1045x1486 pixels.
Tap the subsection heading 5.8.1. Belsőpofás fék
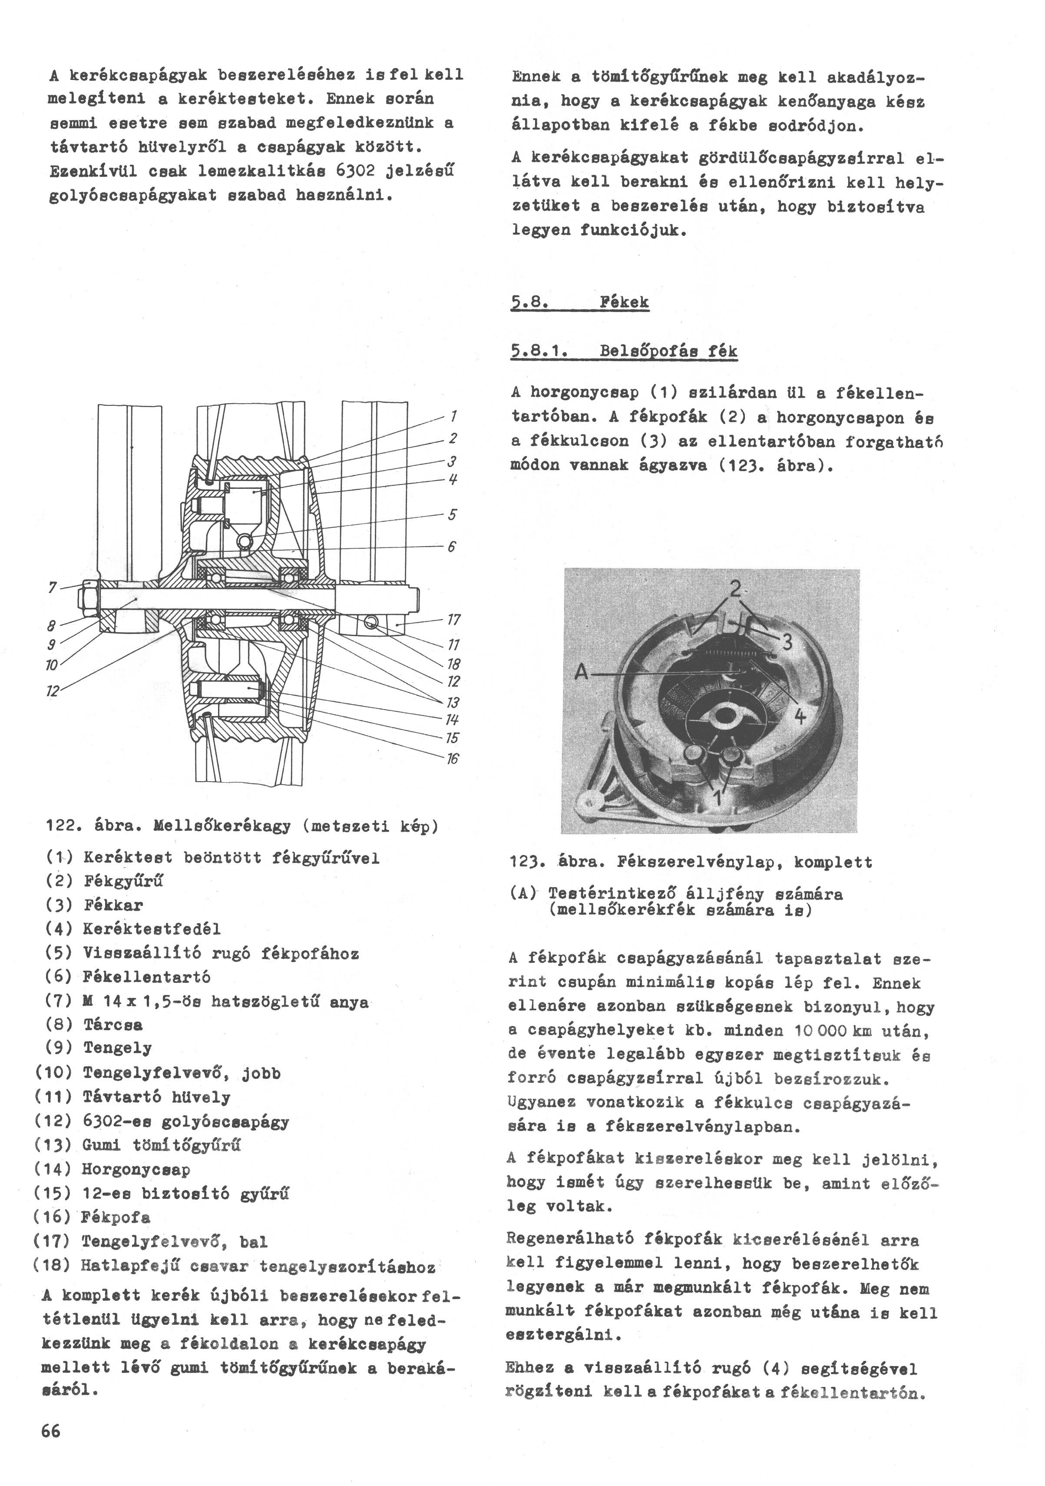(x=623, y=352)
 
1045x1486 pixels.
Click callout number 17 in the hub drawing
(x=453, y=619)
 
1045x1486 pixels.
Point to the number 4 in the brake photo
(x=800, y=716)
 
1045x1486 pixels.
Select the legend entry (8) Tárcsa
(x=95, y=1025)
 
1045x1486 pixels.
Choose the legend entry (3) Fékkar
(x=95, y=905)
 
